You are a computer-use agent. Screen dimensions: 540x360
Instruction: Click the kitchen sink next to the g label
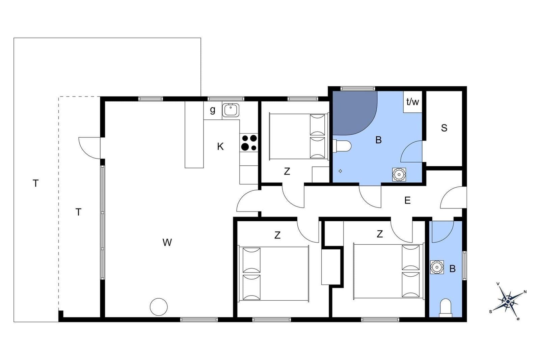(231, 110)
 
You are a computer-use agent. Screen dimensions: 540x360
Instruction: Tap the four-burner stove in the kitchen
(249, 143)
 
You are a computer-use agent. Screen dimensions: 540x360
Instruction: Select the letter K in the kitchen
(220, 146)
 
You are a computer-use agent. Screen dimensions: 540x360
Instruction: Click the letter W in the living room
(167, 242)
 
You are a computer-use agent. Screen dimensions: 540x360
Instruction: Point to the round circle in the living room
(159, 307)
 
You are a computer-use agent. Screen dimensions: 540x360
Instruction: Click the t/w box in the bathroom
(413, 102)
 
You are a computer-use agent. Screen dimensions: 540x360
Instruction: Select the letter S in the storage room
(444, 128)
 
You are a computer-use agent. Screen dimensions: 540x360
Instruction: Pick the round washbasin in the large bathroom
(399, 174)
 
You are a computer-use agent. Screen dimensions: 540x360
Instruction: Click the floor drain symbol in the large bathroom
(341, 171)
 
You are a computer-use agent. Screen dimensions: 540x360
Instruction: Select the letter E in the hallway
(407, 200)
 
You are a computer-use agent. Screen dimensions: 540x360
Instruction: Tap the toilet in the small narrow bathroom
(446, 308)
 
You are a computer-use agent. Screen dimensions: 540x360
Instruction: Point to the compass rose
(508, 301)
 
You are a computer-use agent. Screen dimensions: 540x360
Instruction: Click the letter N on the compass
(525, 292)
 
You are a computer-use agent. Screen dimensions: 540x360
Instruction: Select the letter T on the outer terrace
(36, 184)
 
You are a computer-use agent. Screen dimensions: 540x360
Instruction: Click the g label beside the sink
(212, 110)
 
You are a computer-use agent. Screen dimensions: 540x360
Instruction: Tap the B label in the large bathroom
(378, 140)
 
